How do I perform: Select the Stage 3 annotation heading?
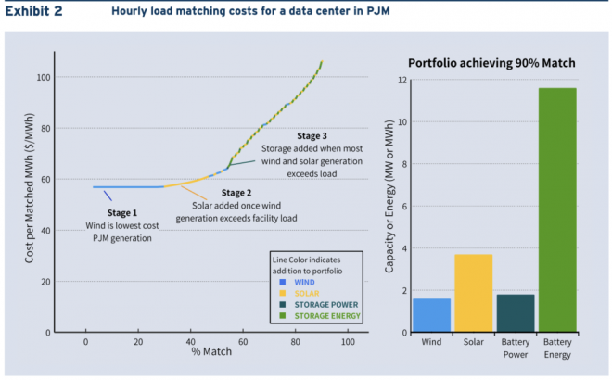315,136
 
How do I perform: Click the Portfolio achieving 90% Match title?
491,62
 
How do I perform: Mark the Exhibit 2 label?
36,12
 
